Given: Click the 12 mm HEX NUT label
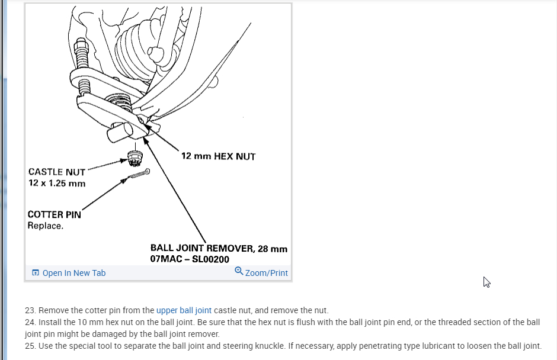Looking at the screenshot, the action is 218,156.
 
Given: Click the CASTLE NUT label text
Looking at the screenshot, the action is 57,172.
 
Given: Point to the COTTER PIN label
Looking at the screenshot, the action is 54,214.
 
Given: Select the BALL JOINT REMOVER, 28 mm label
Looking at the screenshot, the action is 219,249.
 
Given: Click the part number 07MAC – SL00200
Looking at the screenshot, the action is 190,259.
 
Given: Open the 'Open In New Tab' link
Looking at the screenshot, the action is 74,273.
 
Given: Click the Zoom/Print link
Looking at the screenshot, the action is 266,273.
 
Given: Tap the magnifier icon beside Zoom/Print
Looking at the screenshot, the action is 239,271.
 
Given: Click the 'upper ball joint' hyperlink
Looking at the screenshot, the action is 184,310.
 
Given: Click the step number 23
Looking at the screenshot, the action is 30,310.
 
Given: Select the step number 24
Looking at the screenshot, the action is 30,322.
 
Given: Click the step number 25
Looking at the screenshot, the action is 30,346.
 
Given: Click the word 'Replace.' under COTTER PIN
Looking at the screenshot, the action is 45,226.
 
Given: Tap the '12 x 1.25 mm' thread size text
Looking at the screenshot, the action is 57,183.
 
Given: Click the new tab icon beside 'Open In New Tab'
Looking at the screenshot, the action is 36,273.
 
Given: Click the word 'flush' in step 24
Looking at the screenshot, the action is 305,322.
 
